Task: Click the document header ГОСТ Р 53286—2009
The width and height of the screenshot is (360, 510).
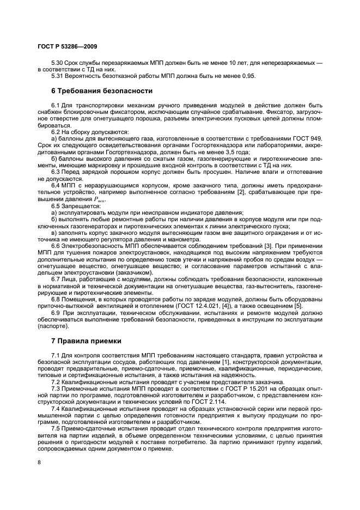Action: [x=68, y=47]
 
